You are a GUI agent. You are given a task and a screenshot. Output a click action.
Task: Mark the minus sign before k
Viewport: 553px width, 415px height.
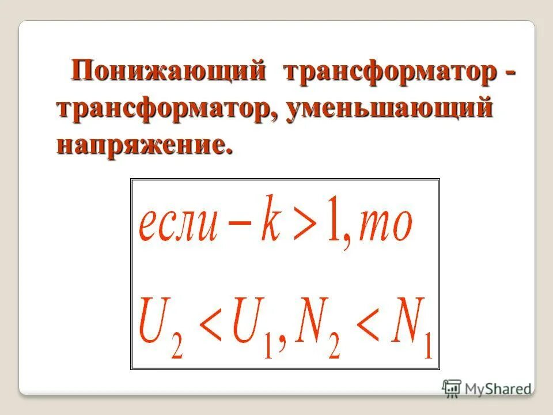(238, 226)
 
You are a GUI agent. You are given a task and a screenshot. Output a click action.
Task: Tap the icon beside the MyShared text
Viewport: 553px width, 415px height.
(452, 388)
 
